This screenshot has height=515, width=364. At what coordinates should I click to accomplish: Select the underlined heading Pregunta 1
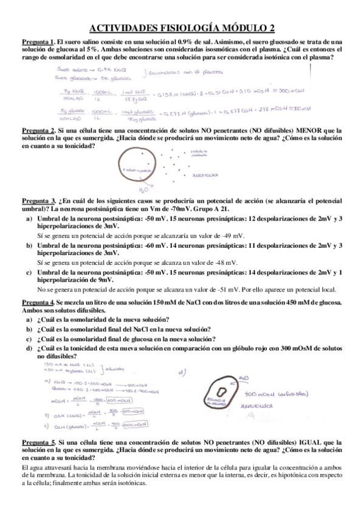39,40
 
